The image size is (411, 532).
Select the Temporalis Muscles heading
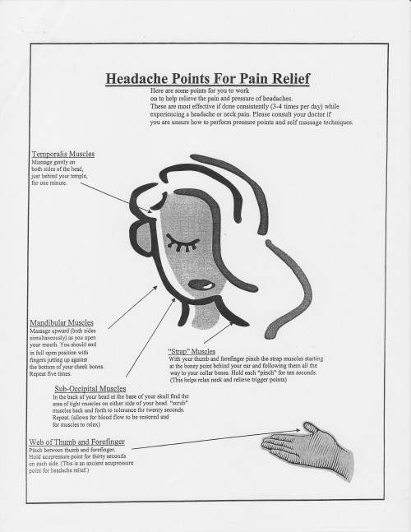point(63,154)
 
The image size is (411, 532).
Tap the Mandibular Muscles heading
point(61,323)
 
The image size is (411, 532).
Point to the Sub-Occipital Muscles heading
point(92,387)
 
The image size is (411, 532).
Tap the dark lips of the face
point(201,285)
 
